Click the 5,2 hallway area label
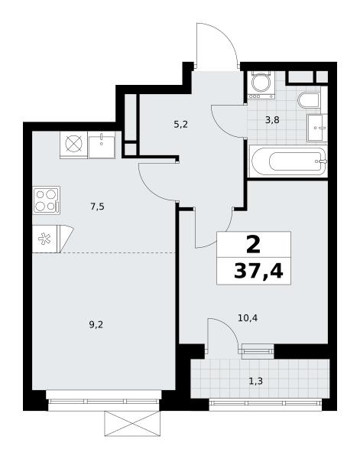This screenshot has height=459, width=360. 180,125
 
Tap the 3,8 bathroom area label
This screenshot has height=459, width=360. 272,120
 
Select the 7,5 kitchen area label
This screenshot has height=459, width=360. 97,207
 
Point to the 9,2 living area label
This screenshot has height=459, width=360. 96,324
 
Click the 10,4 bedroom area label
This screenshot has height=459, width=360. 248,318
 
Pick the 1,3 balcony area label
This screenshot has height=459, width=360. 255,381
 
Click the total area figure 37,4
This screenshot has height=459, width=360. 258,272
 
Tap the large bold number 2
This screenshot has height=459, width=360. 253,244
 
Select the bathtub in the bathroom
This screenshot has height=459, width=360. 288,161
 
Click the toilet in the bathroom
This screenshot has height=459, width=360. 309,100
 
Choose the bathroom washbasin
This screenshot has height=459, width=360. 317,128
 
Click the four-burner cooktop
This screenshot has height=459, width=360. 47,200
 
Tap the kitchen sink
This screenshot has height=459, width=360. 102,145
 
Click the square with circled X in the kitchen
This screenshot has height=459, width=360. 73,145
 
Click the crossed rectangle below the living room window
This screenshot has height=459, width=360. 132,424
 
